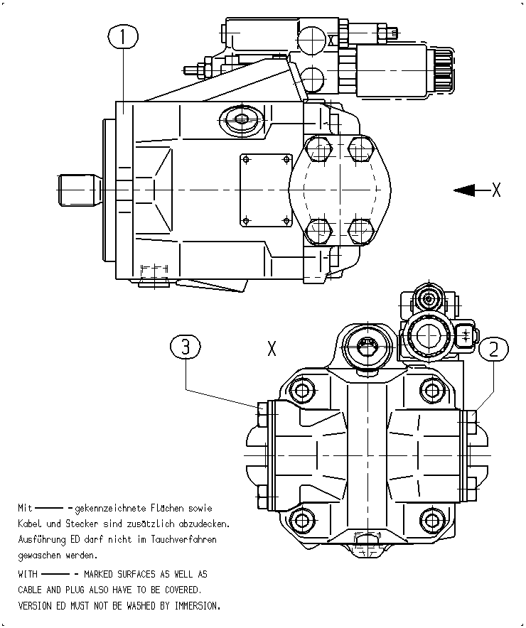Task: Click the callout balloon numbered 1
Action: tap(123, 36)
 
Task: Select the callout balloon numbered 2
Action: tap(493, 349)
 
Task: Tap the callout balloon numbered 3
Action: tap(186, 347)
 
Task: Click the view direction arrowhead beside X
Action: tap(464, 190)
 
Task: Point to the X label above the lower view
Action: tap(272, 348)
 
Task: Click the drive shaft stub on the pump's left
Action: tap(78, 190)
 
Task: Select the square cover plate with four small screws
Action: tap(266, 190)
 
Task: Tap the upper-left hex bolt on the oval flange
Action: tap(319, 149)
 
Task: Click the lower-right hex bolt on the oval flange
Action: tap(361, 231)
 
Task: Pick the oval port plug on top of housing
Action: tap(242, 119)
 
